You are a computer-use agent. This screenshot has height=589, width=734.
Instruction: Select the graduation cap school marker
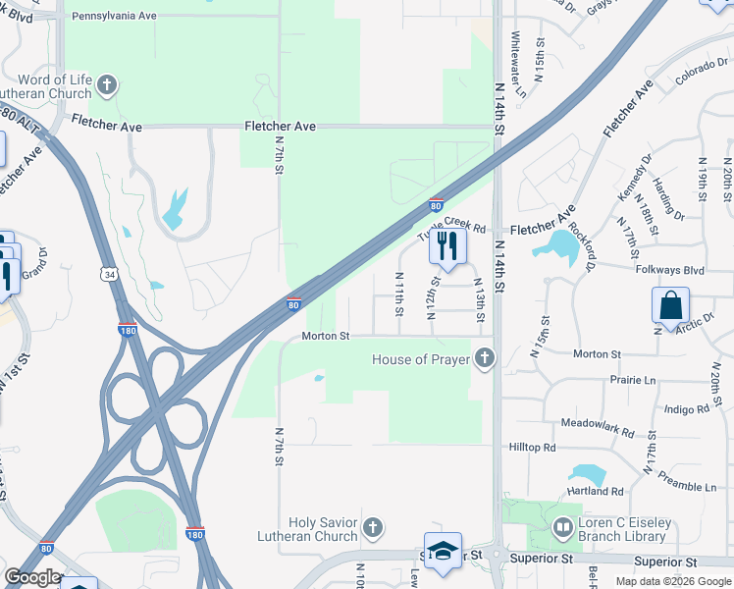[x=443, y=551]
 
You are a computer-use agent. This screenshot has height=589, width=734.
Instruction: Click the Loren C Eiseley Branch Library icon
[x=562, y=529]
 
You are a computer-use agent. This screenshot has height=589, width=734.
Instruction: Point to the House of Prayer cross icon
[x=483, y=359]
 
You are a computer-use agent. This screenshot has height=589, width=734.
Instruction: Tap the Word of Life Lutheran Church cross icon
[x=107, y=86]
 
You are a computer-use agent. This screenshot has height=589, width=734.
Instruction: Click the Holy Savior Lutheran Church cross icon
[x=371, y=529]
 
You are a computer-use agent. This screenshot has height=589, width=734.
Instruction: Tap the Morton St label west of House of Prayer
[x=325, y=336]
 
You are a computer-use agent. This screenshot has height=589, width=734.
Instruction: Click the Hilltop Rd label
[x=532, y=447]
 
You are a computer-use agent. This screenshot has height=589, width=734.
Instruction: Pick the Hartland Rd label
[x=595, y=491]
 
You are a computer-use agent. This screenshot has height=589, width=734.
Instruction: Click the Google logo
[x=32, y=577]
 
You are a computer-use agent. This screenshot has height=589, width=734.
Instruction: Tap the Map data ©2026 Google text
[x=672, y=581]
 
